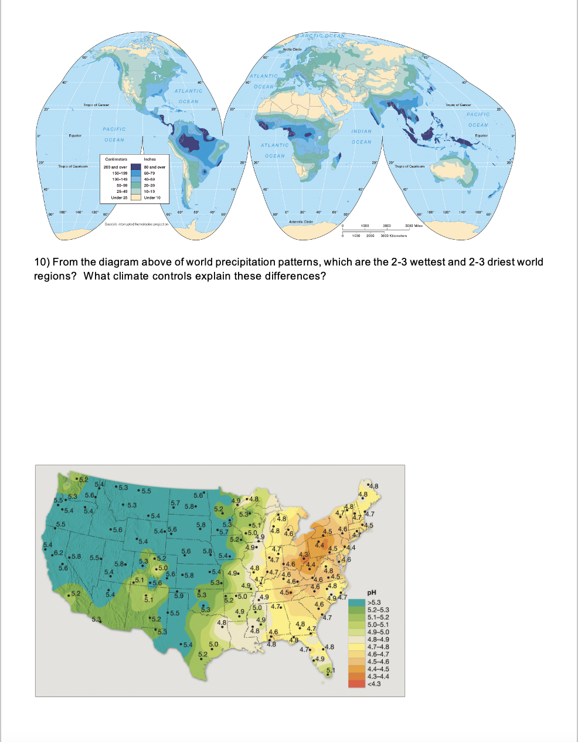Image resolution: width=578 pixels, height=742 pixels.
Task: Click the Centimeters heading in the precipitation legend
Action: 116,159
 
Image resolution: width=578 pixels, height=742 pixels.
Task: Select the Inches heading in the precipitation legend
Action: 149,159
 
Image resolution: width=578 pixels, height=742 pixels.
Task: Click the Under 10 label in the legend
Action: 152,198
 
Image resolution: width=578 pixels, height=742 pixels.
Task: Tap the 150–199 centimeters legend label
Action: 119,173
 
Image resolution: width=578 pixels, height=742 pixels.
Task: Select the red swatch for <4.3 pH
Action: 356,683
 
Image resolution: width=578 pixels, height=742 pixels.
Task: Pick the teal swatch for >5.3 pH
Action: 356,603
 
